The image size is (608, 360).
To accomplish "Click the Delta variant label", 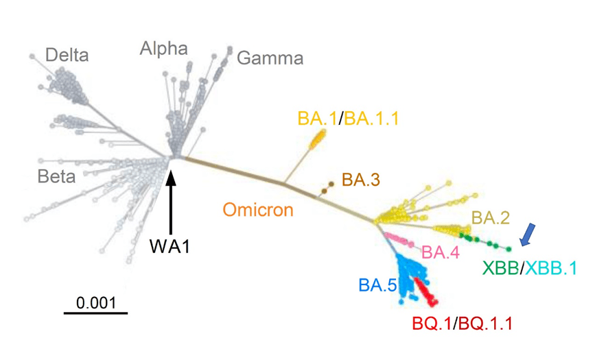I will [67, 55].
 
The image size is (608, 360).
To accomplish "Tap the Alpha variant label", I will [163, 48].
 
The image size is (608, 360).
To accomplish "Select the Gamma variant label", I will [265, 59].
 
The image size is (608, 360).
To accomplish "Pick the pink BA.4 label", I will [440, 252].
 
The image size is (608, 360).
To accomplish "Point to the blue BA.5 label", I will [376, 283].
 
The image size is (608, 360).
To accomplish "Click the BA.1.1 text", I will [371, 118].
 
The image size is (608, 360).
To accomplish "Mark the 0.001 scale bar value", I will [96, 301].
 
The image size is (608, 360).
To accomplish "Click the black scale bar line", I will [96, 313].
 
